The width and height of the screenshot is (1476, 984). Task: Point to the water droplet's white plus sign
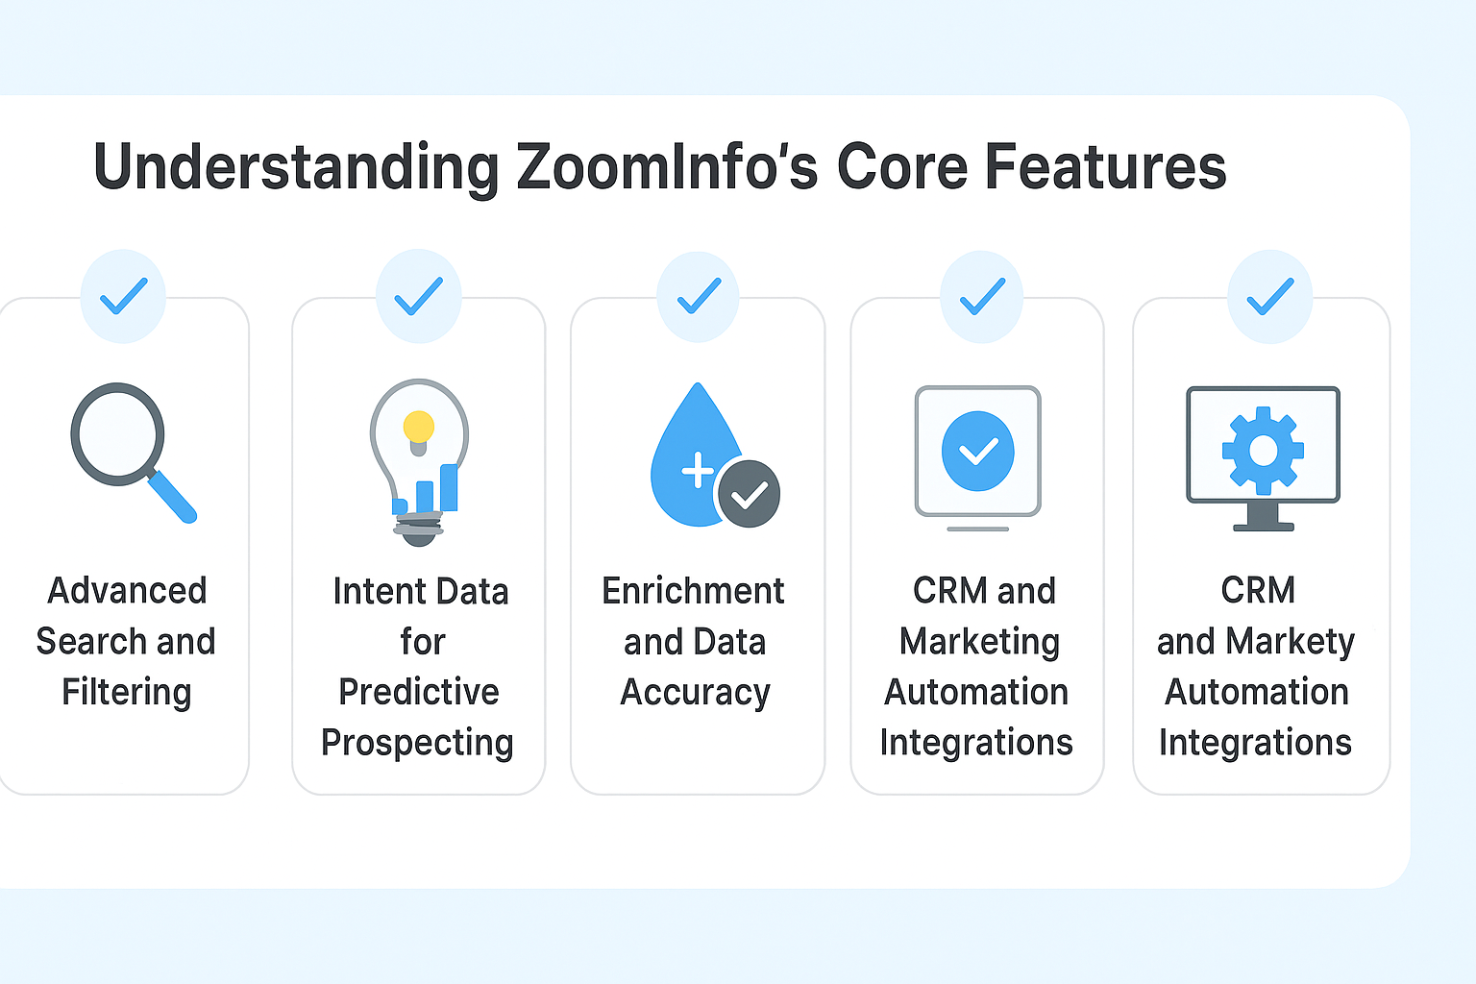697,471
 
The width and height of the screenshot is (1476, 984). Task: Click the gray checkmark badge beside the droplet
749,494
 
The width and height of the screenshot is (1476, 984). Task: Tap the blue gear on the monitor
1263,450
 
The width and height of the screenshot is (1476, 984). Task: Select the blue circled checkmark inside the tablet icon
978,451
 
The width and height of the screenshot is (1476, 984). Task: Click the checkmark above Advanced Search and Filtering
124,296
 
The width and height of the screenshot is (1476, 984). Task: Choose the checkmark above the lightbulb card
419,296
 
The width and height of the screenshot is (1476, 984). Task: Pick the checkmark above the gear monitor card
1270,297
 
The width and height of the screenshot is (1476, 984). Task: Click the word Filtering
127,692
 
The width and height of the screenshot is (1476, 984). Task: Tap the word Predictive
419,692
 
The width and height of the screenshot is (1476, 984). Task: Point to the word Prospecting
417,743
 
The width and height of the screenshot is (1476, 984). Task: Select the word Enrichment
693,591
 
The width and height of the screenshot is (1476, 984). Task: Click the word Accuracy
695,692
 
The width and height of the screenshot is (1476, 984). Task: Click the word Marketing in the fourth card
979,641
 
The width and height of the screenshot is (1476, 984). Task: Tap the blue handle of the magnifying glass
174,498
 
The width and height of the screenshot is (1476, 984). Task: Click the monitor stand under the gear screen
1263,517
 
